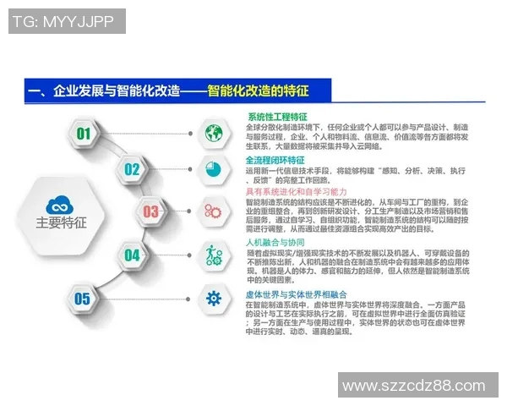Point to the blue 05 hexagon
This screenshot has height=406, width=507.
[x=82, y=298]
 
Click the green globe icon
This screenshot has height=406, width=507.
[x=212, y=132]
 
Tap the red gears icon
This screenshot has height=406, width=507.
[x=212, y=211]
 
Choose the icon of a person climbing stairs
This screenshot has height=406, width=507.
[x=212, y=254]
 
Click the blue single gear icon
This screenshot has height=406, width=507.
[x=212, y=297]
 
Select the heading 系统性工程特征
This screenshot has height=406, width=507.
[x=277, y=117]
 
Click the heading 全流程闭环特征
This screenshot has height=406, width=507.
[x=276, y=160]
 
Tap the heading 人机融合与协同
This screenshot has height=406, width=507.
[x=275, y=242]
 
